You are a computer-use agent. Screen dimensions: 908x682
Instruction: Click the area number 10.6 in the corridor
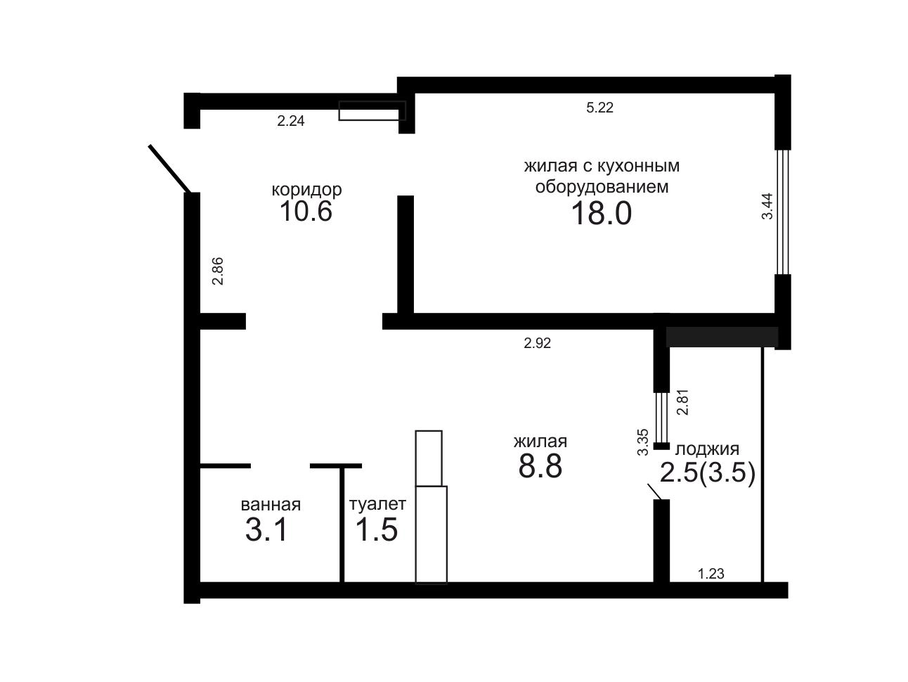click(x=306, y=211)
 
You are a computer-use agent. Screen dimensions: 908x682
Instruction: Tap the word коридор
click(x=306, y=190)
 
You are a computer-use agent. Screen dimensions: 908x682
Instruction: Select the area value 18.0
click(x=601, y=214)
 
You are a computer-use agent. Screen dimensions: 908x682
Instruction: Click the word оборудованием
click(x=602, y=187)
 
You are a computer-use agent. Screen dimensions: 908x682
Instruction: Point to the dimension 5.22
click(x=599, y=108)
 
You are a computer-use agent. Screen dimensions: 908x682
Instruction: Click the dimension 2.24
click(x=290, y=121)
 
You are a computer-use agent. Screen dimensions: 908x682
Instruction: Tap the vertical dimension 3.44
click(x=767, y=206)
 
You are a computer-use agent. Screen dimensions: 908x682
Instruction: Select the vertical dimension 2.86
click(x=218, y=271)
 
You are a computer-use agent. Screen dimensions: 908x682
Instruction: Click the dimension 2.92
click(x=538, y=343)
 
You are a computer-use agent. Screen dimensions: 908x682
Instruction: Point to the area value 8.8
click(x=540, y=466)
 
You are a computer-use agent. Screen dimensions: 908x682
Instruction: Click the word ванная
click(x=271, y=505)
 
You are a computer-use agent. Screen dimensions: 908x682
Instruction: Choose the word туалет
click(x=377, y=504)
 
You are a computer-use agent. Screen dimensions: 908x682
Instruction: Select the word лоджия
click(x=707, y=449)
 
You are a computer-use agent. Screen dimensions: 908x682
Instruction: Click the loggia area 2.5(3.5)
click(x=708, y=472)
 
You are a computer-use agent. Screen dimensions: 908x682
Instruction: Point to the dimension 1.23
click(x=711, y=574)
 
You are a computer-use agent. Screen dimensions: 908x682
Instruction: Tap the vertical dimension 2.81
click(x=682, y=402)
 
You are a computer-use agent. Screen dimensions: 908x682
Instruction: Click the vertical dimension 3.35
click(x=643, y=442)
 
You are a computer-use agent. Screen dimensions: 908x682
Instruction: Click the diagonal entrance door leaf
click(x=169, y=169)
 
